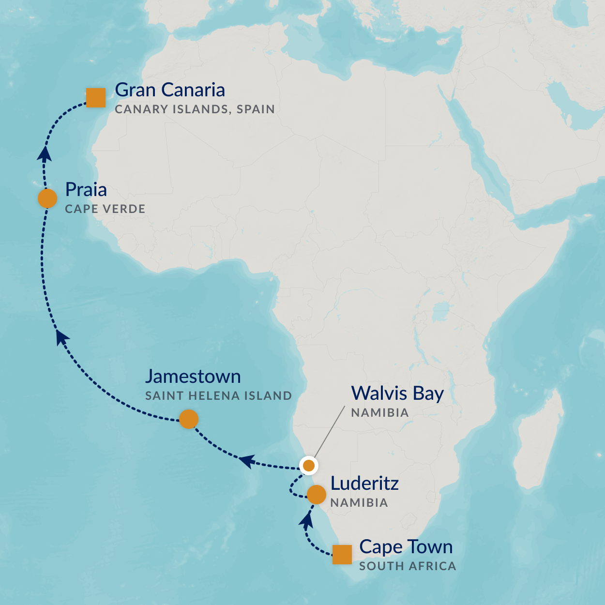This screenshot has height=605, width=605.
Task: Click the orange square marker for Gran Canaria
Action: [95, 97]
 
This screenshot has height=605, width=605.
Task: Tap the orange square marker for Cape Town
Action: [342, 554]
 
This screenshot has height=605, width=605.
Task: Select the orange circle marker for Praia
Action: [47, 198]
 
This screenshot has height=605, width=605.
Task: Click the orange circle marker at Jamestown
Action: [188, 419]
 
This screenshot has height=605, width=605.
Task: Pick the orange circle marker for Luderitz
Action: [317, 495]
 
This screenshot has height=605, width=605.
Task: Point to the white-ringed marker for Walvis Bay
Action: [308, 466]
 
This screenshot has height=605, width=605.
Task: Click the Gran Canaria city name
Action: [170, 90]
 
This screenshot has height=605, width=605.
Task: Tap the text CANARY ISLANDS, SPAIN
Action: [195, 109]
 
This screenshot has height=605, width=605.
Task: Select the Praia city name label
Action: [86, 190]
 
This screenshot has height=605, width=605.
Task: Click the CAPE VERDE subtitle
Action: [105, 209]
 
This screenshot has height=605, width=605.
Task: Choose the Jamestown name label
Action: [193, 377]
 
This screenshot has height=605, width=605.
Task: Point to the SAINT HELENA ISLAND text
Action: [218, 396]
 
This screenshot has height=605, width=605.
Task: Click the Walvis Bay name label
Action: [397, 393]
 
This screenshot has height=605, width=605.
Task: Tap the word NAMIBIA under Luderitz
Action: [359, 503]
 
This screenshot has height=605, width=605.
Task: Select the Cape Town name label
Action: [406, 547]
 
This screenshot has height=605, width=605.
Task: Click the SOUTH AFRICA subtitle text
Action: [407, 566]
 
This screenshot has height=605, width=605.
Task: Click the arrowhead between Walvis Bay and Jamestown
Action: [247, 461]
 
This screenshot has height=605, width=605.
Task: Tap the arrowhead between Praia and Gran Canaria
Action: [45, 153]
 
